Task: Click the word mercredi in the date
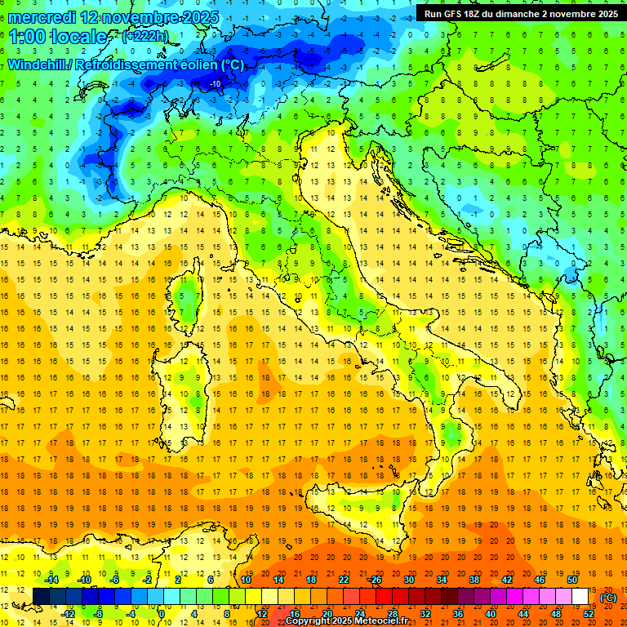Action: coord(42,16)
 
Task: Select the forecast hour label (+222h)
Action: coord(145,37)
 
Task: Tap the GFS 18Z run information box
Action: coord(520,13)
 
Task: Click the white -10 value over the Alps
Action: coord(216,83)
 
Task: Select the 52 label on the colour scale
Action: coord(588,613)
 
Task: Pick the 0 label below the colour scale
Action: coord(162,613)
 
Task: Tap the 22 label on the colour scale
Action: coord(343,579)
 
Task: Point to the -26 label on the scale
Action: coord(375,579)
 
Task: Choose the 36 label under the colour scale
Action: coord(458,613)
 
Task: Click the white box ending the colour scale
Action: coord(580,596)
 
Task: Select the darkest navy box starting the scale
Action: coord(41,596)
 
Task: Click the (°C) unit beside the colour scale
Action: coord(608,597)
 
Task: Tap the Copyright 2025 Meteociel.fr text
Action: coord(346,621)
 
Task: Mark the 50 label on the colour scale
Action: coord(571,579)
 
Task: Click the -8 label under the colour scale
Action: coord(98,613)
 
